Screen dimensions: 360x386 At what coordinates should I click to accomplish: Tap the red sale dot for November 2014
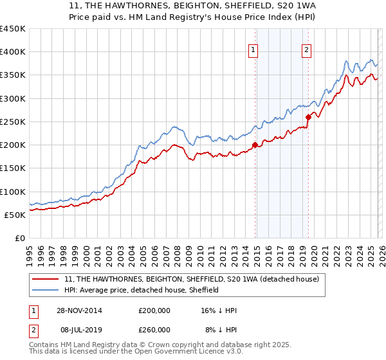tap(255, 145)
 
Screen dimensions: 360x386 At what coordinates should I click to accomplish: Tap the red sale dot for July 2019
tap(308, 117)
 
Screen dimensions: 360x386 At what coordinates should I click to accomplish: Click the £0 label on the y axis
tap(19, 238)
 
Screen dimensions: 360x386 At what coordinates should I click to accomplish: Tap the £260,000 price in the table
tap(154, 330)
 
